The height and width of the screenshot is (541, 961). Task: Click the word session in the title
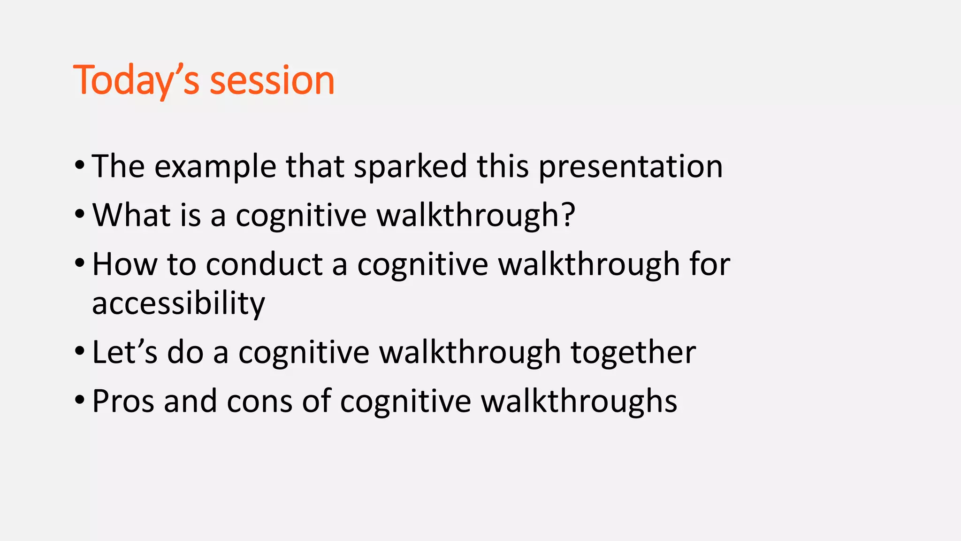[272, 81]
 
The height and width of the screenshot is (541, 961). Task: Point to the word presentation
[630, 167]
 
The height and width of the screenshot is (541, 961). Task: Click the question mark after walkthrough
[568, 215]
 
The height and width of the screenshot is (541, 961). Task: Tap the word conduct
[264, 264]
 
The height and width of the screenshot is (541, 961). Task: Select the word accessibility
[178, 303]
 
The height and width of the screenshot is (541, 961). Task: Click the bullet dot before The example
[80, 166]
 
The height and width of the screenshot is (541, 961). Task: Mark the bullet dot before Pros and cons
[80, 401]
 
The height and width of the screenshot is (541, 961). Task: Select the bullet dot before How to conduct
[80, 263]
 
